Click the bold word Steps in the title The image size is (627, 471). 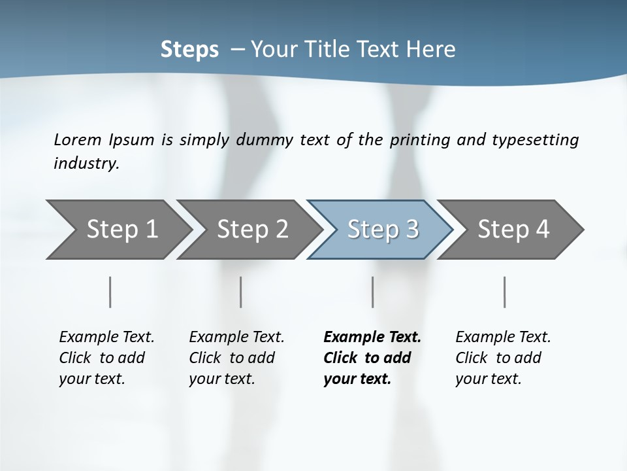tap(189, 50)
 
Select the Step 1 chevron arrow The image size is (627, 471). tap(118, 230)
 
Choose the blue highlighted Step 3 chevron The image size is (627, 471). tap(382, 230)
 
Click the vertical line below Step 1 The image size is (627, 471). tap(110, 292)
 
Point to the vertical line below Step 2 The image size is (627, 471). tap(241, 292)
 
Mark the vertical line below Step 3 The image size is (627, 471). tap(372, 292)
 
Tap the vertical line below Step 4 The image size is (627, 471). tap(504, 292)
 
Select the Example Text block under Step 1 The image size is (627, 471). tap(106, 358)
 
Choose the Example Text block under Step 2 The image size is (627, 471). tap(236, 358)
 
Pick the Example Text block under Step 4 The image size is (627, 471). tap(503, 358)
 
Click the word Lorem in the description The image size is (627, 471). tap(78, 140)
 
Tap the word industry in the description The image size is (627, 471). tap(86, 164)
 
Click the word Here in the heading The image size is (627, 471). tap(433, 50)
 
